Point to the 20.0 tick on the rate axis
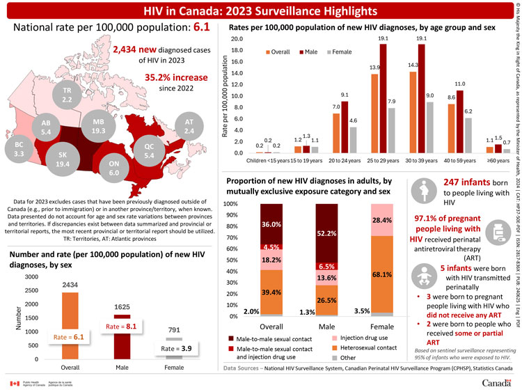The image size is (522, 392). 237,39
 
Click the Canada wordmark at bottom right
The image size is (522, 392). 495,384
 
